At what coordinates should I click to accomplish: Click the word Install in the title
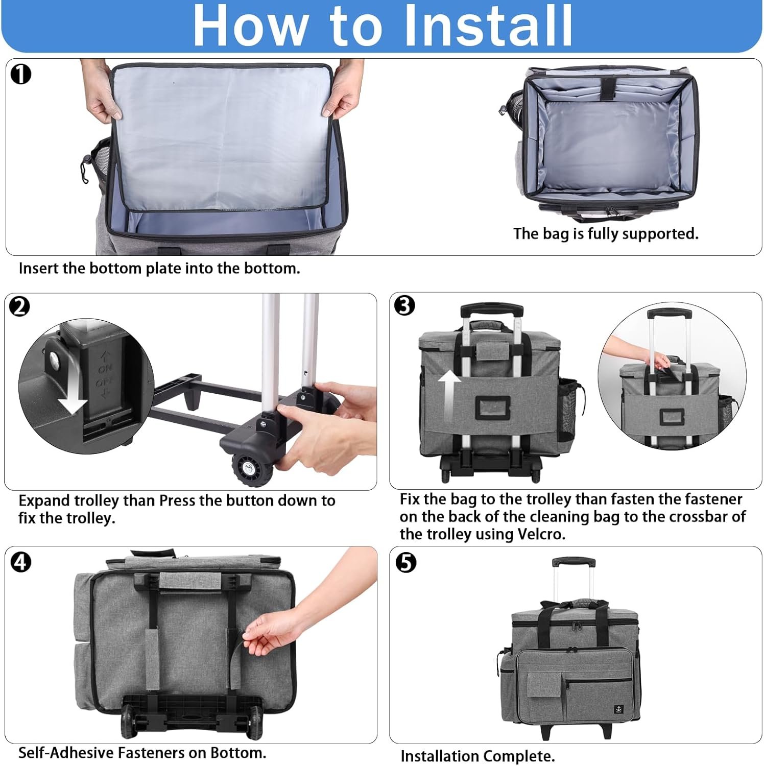[x=488, y=26]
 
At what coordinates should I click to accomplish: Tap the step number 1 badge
[x=21, y=74]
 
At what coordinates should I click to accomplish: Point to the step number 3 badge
[x=405, y=305]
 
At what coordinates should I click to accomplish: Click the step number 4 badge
[x=21, y=562]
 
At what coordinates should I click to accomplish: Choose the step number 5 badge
[x=406, y=562]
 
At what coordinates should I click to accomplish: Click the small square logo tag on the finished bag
[x=618, y=709]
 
